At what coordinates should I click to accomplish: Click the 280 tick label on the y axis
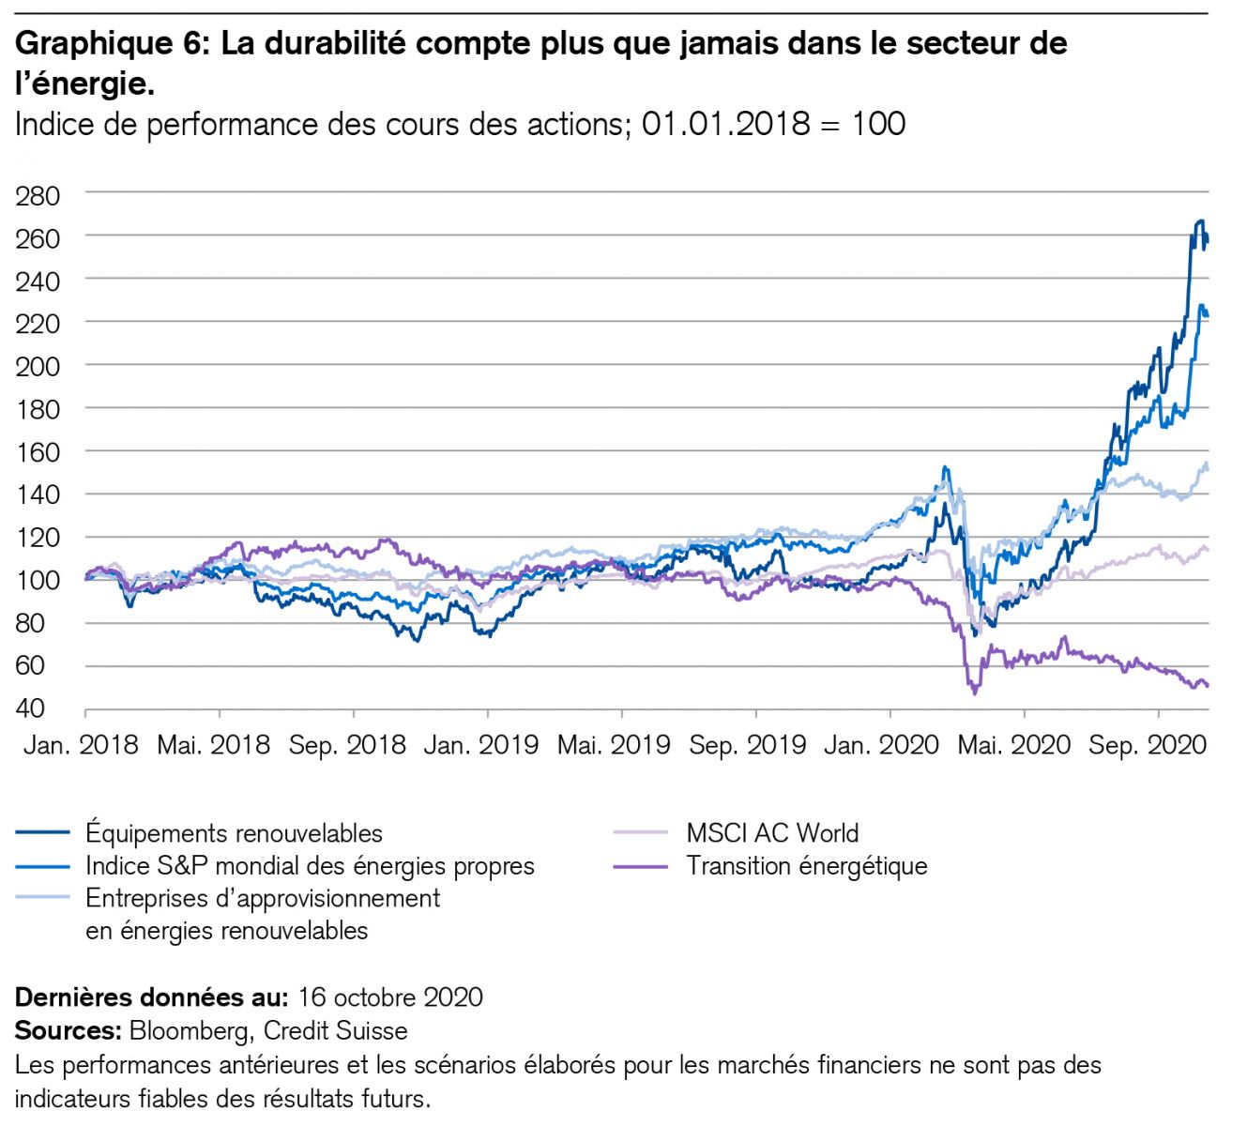click(38, 196)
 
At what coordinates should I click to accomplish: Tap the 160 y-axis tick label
click(38, 452)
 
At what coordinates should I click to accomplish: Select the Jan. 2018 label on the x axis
click(81, 745)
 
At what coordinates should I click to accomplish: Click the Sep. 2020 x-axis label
click(1147, 745)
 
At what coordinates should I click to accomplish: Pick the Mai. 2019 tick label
click(614, 745)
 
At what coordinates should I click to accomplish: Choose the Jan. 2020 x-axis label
click(881, 745)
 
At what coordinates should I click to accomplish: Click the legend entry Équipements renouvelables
click(234, 833)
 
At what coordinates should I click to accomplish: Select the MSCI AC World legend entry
click(772, 833)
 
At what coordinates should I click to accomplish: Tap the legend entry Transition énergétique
click(806, 866)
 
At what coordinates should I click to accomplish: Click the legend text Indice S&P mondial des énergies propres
click(310, 866)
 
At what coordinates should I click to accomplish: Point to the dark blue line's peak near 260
click(1199, 221)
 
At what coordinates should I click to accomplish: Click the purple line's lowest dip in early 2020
click(975, 692)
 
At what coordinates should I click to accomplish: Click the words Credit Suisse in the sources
click(335, 1030)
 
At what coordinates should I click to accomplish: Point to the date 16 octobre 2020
click(390, 997)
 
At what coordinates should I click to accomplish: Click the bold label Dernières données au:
click(151, 997)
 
